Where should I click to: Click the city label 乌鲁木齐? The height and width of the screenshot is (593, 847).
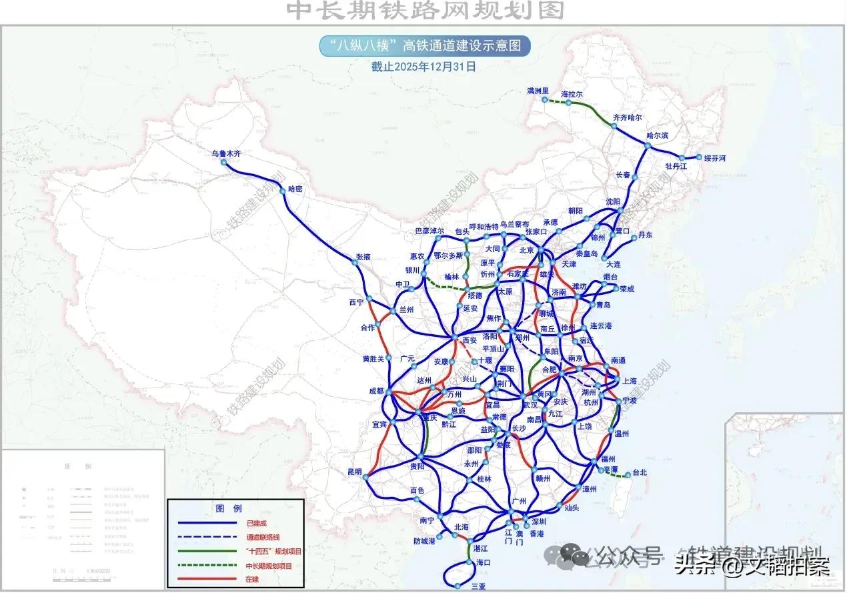click(226, 153)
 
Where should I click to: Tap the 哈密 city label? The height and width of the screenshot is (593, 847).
click(295, 189)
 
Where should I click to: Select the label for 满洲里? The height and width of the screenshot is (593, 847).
click(537, 91)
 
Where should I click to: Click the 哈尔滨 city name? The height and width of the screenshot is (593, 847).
click(657, 135)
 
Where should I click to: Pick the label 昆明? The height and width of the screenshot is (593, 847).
click(354, 472)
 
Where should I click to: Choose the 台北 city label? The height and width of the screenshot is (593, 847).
click(640, 472)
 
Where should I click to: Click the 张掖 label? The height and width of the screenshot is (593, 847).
click(363, 256)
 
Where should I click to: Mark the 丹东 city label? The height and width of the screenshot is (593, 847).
click(645, 235)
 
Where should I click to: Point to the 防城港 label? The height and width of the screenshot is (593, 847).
click(424, 541)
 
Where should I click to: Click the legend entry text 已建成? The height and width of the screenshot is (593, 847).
click(256, 523)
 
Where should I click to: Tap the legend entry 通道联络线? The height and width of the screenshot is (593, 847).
click(263, 537)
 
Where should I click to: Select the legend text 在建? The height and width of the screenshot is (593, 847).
click(253, 578)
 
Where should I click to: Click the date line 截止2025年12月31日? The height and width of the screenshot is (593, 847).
click(423, 67)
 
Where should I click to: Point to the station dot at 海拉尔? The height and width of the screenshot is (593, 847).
click(568, 103)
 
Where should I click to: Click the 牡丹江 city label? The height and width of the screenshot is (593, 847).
click(676, 165)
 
